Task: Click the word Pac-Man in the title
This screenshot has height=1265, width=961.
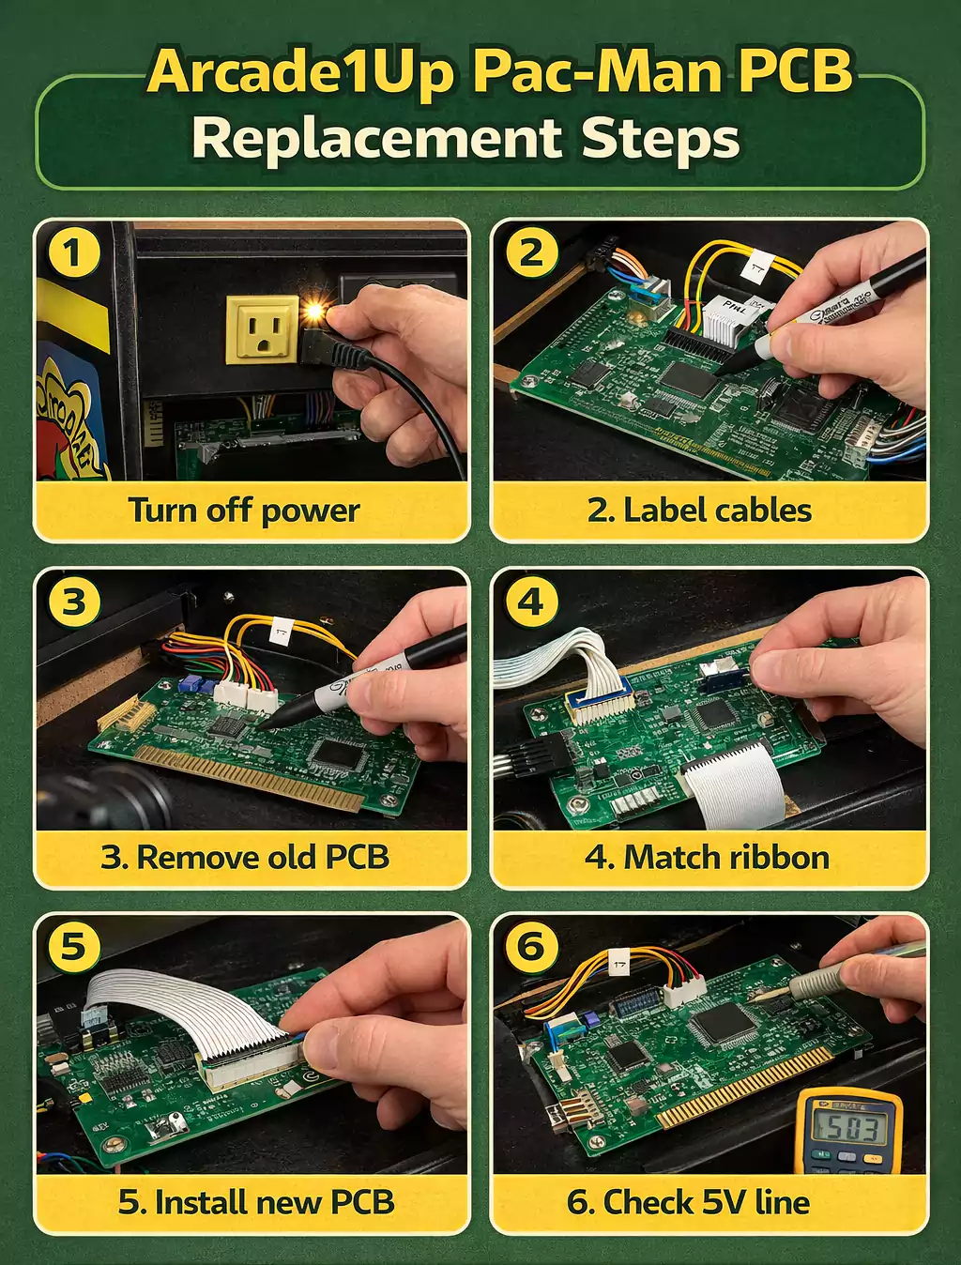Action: [x=597, y=72]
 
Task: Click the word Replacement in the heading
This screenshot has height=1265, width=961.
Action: [x=375, y=139]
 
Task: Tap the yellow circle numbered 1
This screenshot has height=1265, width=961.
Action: [x=73, y=253]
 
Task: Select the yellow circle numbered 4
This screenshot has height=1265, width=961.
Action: [x=531, y=601]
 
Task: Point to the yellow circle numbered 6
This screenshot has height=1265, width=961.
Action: [x=531, y=946]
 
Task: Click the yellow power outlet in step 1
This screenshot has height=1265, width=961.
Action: [x=262, y=329]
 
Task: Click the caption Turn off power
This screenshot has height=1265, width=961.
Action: [x=244, y=511]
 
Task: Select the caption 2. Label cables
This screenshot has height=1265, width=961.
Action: [x=699, y=511]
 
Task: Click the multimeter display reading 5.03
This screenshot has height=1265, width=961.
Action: [x=848, y=1128]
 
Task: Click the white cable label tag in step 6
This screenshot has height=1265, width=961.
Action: [x=620, y=963]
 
